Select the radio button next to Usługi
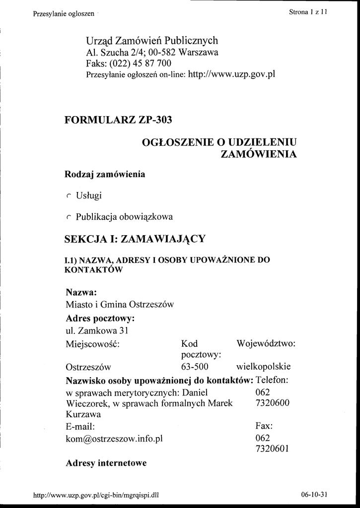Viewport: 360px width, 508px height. pyautogui.click(x=69, y=196)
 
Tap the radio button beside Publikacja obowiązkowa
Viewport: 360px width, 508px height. pyautogui.click(x=69, y=217)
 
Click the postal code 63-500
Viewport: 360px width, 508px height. pyautogui.click(x=195, y=368)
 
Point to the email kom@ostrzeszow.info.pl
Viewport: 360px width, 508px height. pyautogui.click(x=114, y=439)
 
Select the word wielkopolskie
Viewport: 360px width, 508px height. pyautogui.click(x=263, y=368)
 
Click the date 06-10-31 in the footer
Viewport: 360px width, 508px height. pyautogui.click(x=314, y=494)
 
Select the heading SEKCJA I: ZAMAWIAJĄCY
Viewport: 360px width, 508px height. pyautogui.click(x=135, y=239)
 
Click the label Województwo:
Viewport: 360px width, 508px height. pyautogui.click(x=266, y=343)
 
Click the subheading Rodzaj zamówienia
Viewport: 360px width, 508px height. pyautogui.click(x=105, y=175)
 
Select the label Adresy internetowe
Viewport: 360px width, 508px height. pyautogui.click(x=106, y=463)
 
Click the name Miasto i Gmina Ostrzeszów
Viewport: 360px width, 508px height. pyautogui.click(x=120, y=305)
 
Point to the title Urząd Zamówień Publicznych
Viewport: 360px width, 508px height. pyautogui.click(x=152, y=41)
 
